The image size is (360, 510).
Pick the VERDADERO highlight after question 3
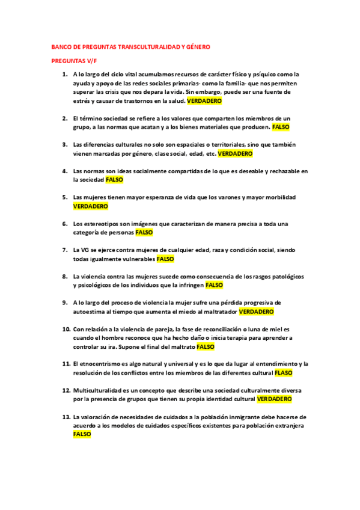tap(235, 154)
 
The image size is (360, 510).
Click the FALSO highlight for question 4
tap(114, 180)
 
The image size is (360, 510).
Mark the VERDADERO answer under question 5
tap(90, 206)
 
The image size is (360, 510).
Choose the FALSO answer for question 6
tap(144, 232)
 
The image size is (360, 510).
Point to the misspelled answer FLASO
tap(283, 373)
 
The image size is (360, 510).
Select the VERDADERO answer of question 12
tap(274, 399)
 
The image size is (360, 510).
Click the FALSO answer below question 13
tap(82, 434)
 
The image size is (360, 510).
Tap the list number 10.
tap(66, 330)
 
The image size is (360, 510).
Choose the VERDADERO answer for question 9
tap(256, 312)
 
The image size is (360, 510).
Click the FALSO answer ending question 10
tap(206, 346)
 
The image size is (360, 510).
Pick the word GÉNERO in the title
tap(199, 46)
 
